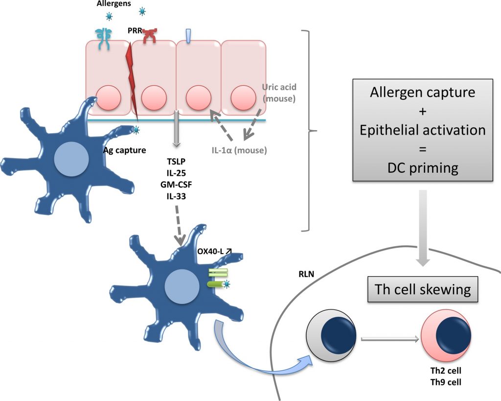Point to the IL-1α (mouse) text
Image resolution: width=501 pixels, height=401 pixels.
point(239,150)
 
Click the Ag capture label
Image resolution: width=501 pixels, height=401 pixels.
point(124,150)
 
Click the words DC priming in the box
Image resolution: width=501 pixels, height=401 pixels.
point(423,168)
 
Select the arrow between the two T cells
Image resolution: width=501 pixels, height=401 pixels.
point(390,338)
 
